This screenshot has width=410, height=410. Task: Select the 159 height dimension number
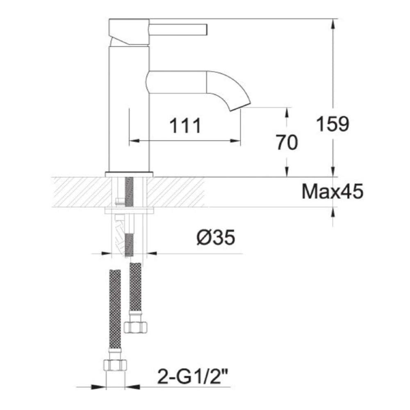(x=333, y=124)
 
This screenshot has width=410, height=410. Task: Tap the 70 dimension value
(x=287, y=143)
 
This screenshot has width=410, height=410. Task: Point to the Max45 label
(x=333, y=192)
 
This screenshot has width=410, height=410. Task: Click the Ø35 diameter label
(x=215, y=238)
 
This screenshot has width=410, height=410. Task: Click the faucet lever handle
(x=178, y=30)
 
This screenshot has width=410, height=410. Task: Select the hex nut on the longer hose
(x=115, y=364)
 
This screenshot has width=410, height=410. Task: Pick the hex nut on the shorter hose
(x=135, y=327)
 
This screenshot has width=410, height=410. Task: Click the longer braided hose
(x=115, y=307)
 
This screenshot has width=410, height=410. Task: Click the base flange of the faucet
(x=129, y=174)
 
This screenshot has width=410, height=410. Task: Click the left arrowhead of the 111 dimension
(x=134, y=141)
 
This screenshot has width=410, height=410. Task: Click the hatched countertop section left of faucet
(x=78, y=192)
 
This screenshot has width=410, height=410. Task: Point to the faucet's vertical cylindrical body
(x=128, y=111)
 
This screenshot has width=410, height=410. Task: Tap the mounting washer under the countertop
(x=129, y=211)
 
